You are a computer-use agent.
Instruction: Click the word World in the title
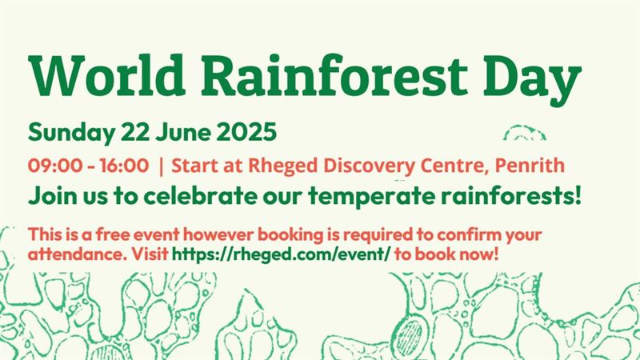[107, 76]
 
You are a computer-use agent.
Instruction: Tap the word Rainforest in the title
[334, 75]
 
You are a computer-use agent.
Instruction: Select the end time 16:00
[124, 166]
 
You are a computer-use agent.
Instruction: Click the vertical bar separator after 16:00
[161, 166]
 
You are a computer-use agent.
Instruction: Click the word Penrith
[530, 166]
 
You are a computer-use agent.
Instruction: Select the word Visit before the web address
[150, 254]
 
